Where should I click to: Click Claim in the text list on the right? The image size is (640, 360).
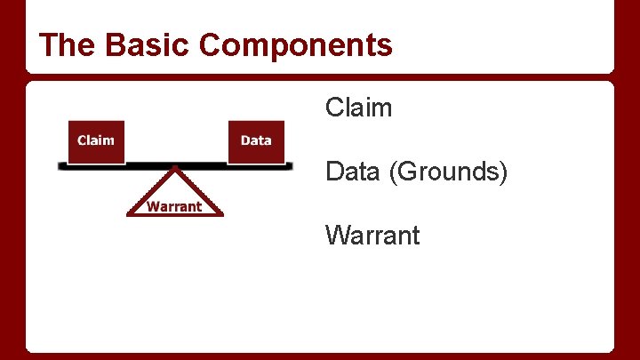(x=358, y=108)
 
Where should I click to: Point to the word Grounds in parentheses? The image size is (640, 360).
(x=448, y=172)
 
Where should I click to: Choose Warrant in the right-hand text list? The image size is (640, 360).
(x=372, y=236)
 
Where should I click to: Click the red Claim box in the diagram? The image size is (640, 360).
(x=96, y=141)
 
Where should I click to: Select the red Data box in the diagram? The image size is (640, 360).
(x=256, y=141)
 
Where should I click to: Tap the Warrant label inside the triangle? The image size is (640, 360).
(x=174, y=207)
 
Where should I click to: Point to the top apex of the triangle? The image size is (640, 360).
(x=176, y=169)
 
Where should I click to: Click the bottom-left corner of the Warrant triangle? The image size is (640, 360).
(x=127, y=214)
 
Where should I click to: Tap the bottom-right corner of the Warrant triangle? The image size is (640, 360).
(x=224, y=214)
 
